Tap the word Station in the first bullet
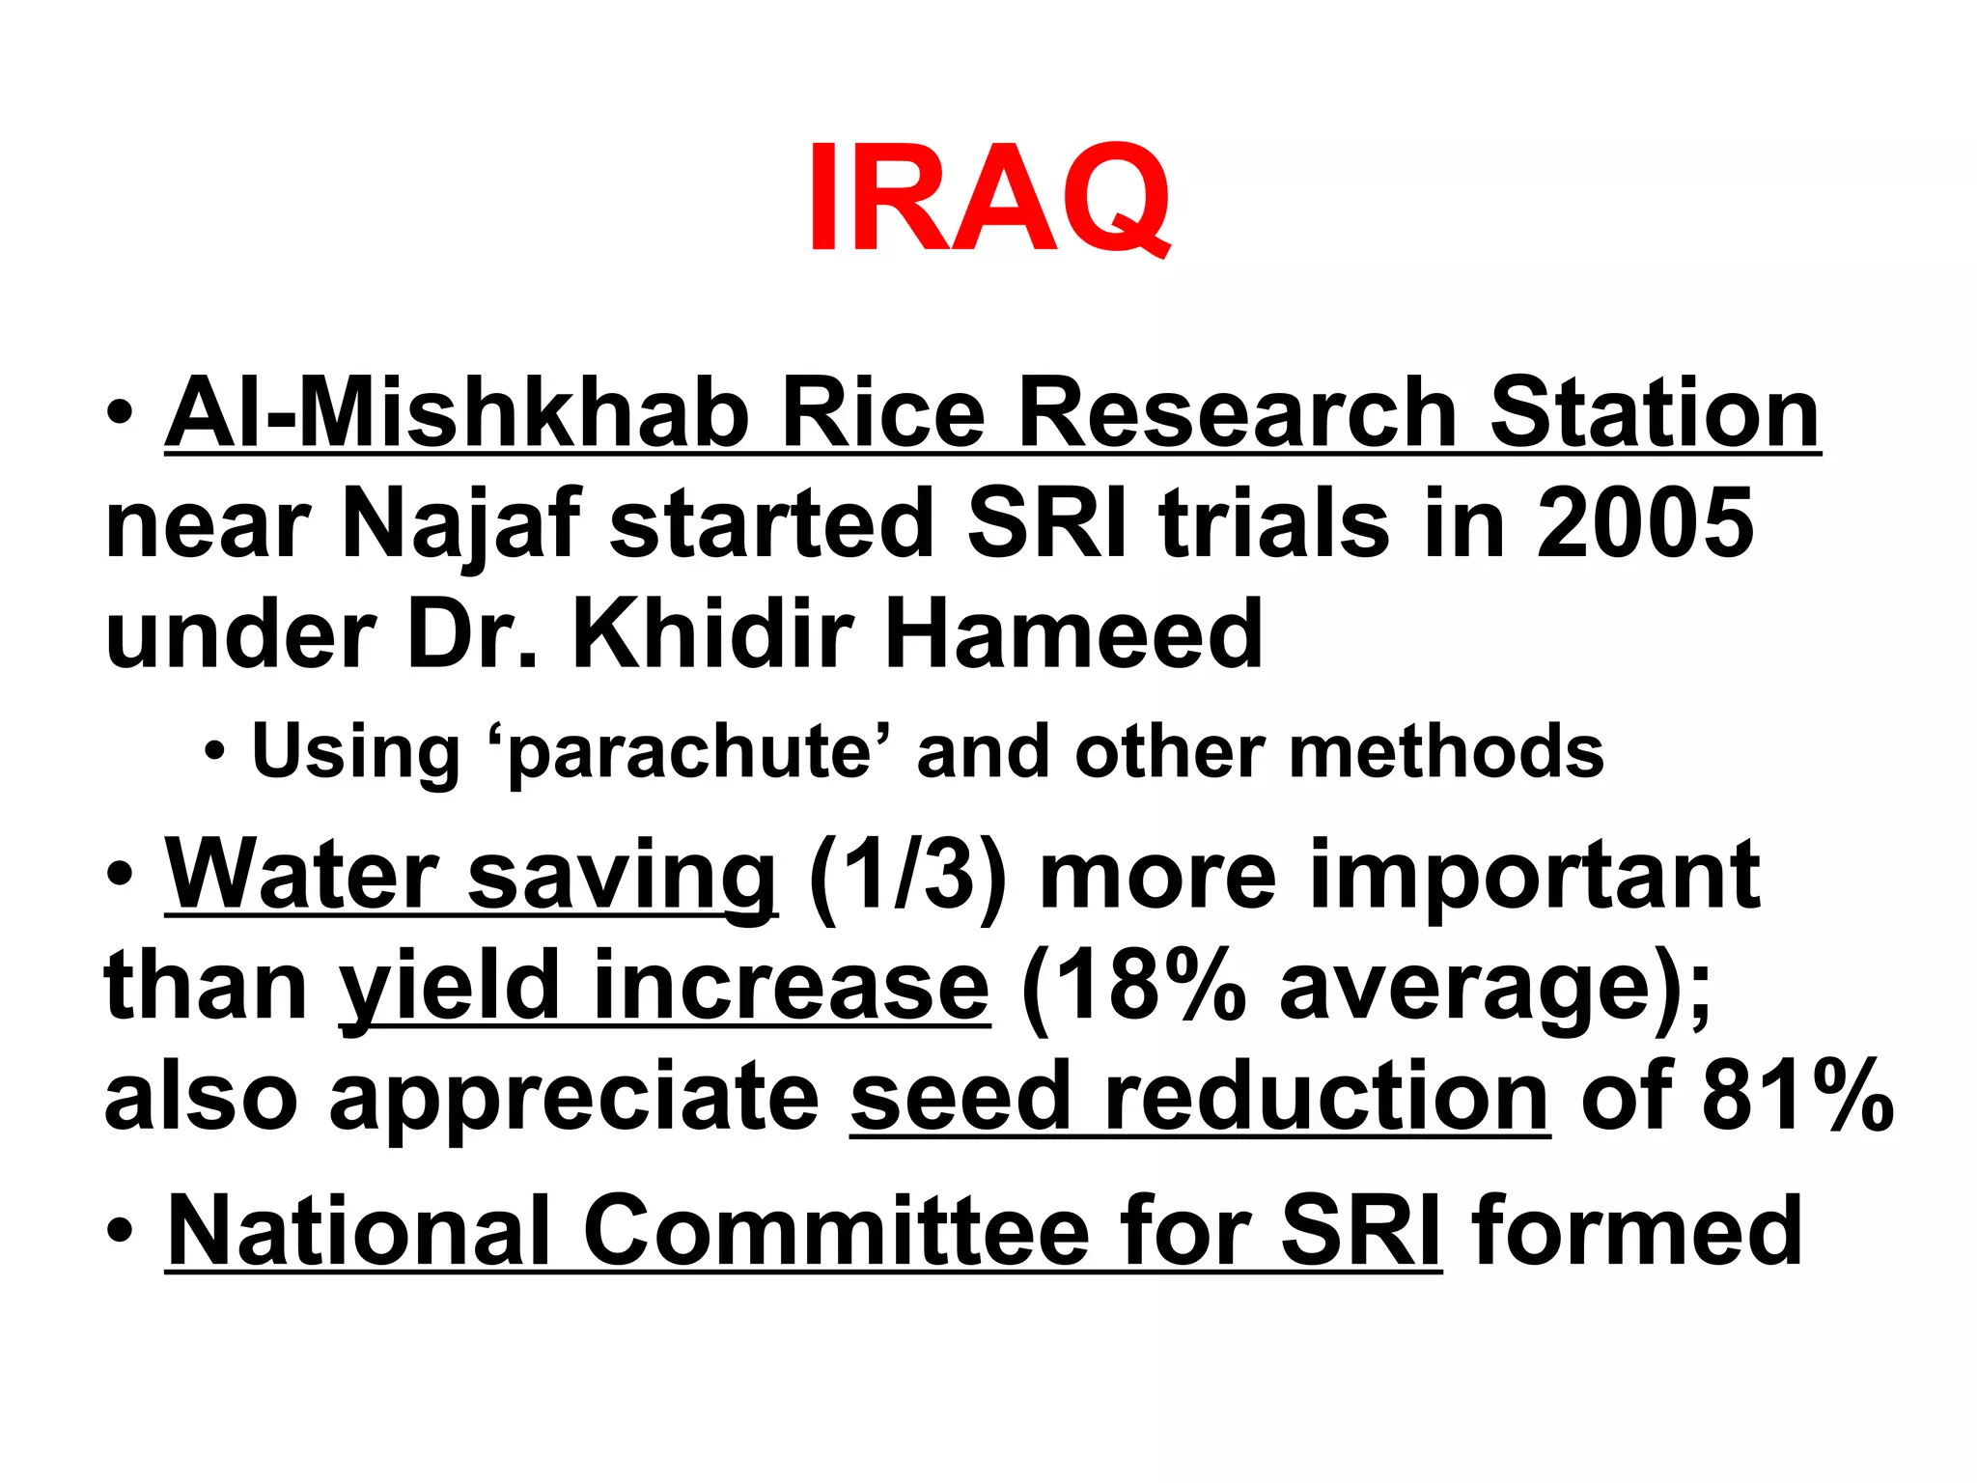click(1654, 413)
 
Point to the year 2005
click(1645, 522)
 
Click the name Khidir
click(713, 634)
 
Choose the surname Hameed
click(1073, 634)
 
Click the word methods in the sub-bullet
click(1446, 751)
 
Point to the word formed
click(1637, 1231)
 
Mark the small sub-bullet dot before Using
click(215, 751)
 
